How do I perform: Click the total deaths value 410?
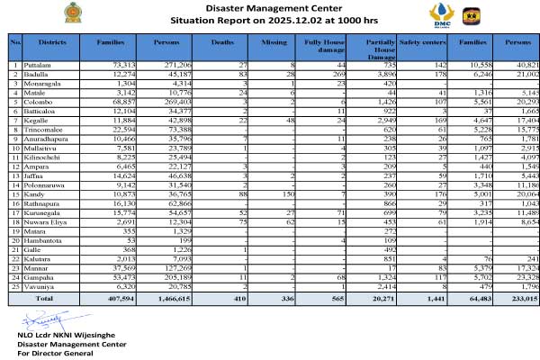point(236,298)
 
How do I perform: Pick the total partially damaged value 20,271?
point(382,298)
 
